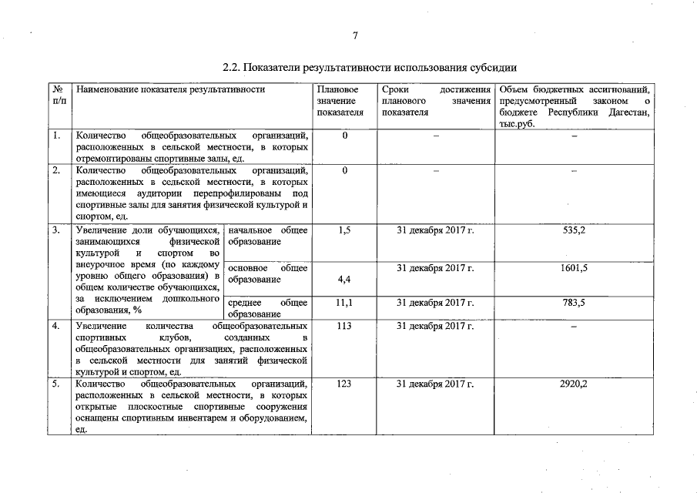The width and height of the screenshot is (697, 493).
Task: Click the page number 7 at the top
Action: (x=356, y=35)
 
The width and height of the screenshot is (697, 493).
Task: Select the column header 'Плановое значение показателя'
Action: (x=340, y=101)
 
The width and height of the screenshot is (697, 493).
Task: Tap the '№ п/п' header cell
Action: (x=59, y=96)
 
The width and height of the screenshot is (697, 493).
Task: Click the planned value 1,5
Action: (x=345, y=230)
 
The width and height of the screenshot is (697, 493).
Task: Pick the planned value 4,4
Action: (x=345, y=280)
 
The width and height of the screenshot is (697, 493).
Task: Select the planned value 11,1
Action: (x=345, y=303)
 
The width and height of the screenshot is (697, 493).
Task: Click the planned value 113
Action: (x=345, y=326)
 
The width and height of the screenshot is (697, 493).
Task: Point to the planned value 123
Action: (x=345, y=383)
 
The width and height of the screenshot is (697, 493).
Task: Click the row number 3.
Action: (x=56, y=230)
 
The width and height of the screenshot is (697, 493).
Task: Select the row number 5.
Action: (x=56, y=383)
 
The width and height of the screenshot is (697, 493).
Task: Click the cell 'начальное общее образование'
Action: (x=268, y=236)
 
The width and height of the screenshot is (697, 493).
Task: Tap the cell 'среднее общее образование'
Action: (x=268, y=308)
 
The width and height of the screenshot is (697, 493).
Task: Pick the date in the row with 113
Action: (x=434, y=326)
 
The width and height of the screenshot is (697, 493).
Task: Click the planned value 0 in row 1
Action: (x=345, y=136)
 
